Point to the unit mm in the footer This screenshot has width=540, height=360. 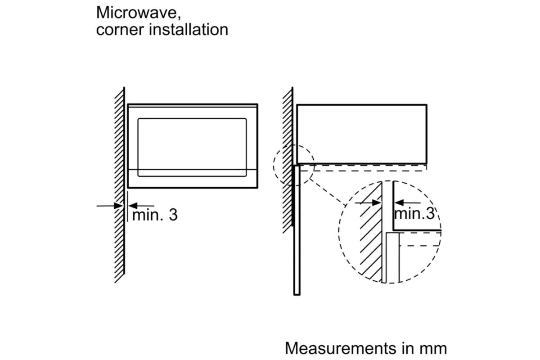point(433,348)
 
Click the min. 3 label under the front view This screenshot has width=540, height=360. point(154,215)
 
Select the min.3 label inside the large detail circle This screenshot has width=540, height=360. point(414,213)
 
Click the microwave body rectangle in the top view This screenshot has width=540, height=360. point(362,134)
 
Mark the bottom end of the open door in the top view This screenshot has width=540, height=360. point(297,293)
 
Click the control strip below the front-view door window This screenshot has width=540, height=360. point(192,179)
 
